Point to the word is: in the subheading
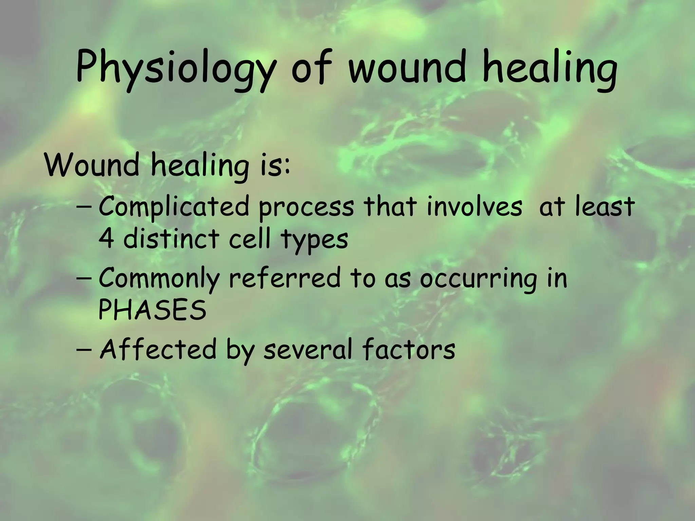275,165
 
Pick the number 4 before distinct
106,239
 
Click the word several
307,349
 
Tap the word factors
409,349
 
